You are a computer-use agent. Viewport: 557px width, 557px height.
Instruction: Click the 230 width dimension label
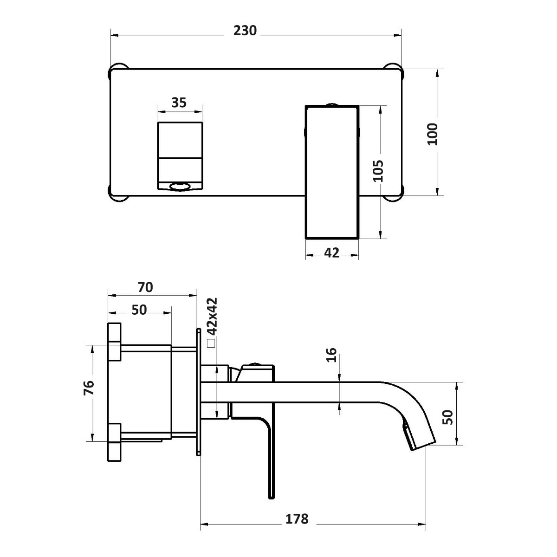click(245, 31)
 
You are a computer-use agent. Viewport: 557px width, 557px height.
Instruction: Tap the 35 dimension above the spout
click(179, 103)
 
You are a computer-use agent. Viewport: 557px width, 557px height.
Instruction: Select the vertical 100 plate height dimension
click(433, 134)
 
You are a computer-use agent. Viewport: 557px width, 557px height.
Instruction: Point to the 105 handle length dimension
click(378, 170)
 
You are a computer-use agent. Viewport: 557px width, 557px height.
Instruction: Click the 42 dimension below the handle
click(331, 253)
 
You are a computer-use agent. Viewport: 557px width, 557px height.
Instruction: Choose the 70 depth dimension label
click(145, 287)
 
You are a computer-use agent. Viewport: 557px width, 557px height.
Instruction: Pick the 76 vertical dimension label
click(89, 388)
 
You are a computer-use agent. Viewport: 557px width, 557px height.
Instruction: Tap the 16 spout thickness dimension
click(331, 355)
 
